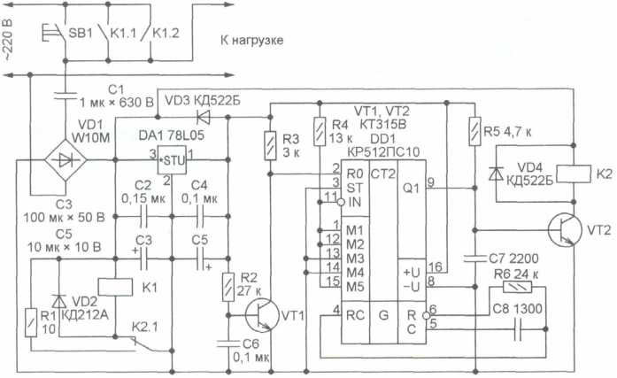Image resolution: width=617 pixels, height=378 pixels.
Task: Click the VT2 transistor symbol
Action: (x=565, y=230)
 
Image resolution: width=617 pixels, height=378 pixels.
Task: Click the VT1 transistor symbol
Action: (x=262, y=315)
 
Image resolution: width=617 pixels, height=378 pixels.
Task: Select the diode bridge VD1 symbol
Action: (x=66, y=160)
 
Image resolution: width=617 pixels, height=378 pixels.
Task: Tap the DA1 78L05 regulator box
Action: (x=172, y=159)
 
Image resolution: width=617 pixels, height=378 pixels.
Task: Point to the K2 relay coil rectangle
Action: (x=575, y=174)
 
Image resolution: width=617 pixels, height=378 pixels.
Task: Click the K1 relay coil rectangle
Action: (x=115, y=287)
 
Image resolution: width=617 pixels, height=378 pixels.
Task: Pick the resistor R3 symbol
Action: (x=270, y=145)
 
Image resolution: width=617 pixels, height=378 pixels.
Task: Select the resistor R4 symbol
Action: (x=320, y=131)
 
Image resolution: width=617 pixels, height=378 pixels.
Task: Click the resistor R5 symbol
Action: (x=475, y=131)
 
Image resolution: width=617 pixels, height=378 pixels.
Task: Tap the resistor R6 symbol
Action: (x=518, y=287)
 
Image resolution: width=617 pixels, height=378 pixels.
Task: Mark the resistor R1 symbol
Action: (x=31, y=322)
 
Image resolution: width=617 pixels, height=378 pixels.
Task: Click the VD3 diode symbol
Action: (x=204, y=117)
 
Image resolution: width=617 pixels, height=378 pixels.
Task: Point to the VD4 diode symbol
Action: (x=497, y=174)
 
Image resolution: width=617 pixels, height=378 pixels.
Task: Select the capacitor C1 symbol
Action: (x=66, y=96)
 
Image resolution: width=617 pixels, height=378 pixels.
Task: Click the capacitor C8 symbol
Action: (x=518, y=329)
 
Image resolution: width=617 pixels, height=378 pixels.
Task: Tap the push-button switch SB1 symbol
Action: (x=53, y=34)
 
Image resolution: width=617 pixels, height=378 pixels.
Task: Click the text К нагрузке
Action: (x=251, y=40)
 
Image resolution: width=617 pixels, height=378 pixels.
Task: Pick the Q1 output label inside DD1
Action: (x=412, y=189)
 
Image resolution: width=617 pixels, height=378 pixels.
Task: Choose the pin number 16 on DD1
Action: (x=436, y=267)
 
